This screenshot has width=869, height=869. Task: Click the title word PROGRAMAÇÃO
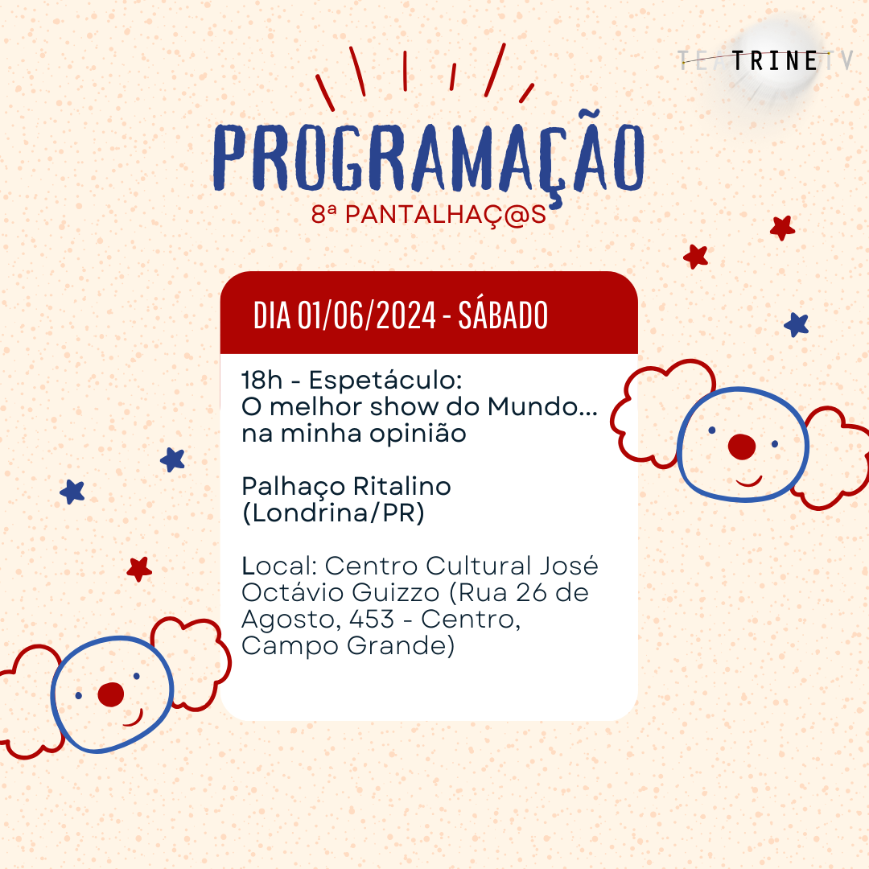(x=428, y=155)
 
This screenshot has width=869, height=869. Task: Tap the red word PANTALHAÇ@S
(x=446, y=215)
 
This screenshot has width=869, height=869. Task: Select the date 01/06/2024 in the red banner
(x=367, y=315)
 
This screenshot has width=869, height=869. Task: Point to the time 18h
(x=262, y=380)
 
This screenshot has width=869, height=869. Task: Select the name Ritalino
(x=402, y=486)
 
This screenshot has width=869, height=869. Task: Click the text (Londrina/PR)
(x=334, y=513)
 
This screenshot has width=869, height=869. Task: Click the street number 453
(x=372, y=619)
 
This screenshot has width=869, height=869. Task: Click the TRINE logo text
(x=775, y=61)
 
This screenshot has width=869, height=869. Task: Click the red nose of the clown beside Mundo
(x=742, y=447)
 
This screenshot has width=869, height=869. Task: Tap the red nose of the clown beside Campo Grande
(x=111, y=694)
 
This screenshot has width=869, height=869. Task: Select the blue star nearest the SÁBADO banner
(x=797, y=325)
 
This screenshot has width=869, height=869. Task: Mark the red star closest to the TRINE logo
(x=783, y=228)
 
